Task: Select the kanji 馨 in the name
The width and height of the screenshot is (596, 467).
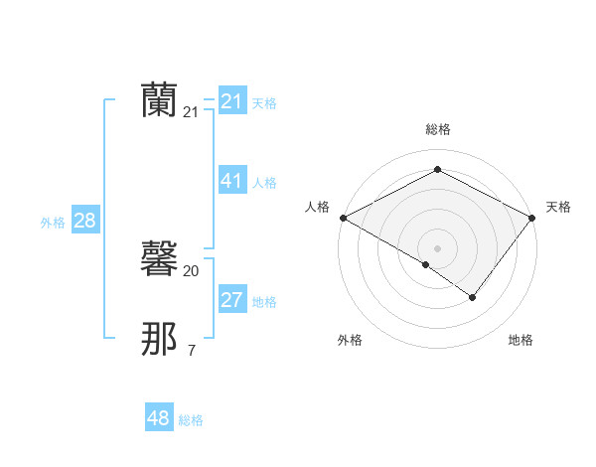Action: (159, 258)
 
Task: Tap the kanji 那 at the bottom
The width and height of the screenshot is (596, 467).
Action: (159, 339)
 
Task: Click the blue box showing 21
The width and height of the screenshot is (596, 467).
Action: (231, 100)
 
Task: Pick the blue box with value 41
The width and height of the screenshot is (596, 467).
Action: (231, 180)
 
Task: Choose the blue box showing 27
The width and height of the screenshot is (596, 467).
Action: (231, 299)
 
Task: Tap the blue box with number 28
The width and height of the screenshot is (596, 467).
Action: (84, 220)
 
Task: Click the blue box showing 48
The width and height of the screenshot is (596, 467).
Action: (159, 418)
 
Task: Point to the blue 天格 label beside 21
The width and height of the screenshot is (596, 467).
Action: (264, 102)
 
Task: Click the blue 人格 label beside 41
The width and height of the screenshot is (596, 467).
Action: (264, 183)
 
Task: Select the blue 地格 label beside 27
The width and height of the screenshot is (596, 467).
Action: (264, 302)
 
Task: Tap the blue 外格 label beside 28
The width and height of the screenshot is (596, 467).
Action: (53, 223)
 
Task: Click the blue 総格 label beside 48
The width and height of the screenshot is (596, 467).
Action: (191, 421)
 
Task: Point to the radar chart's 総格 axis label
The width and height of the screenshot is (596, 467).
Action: (438, 129)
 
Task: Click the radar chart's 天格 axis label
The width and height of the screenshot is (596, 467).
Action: (558, 207)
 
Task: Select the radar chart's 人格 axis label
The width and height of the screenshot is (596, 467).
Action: (318, 207)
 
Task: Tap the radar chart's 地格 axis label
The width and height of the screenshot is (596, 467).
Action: (521, 340)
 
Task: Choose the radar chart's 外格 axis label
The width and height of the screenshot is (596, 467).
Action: (350, 340)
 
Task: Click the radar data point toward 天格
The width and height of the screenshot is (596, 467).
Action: (532, 217)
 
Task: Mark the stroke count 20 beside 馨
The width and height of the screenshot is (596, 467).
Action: (191, 270)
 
